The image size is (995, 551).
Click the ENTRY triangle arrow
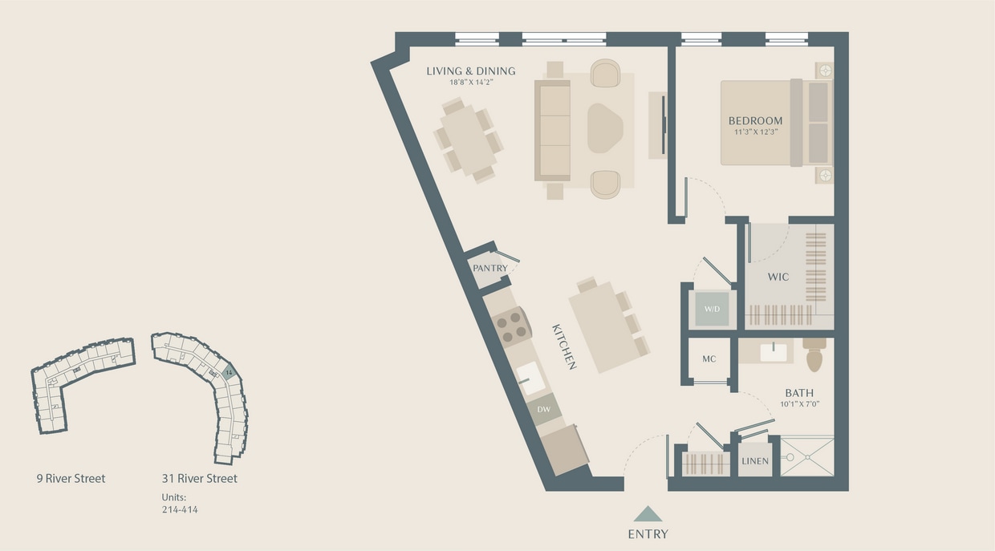click(x=648, y=514)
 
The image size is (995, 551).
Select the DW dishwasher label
click(x=544, y=410)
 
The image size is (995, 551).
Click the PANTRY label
click(x=489, y=268)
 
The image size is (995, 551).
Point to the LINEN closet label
click(x=754, y=461)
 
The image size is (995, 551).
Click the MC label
click(x=709, y=359)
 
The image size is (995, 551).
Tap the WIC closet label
click(x=778, y=277)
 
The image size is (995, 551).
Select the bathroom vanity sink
click(x=774, y=351)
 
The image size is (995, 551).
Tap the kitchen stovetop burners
click(x=512, y=324)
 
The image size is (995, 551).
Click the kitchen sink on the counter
click(x=530, y=377)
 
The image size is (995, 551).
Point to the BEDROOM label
click(x=755, y=121)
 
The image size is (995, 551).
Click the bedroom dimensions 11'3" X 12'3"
click(x=755, y=132)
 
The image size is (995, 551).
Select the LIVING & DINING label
click(x=470, y=71)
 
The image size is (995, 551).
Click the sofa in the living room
click(x=552, y=130)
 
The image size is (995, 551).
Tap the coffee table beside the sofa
click(x=605, y=128)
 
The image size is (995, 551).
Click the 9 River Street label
click(x=71, y=479)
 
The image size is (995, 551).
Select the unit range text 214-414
click(x=180, y=509)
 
